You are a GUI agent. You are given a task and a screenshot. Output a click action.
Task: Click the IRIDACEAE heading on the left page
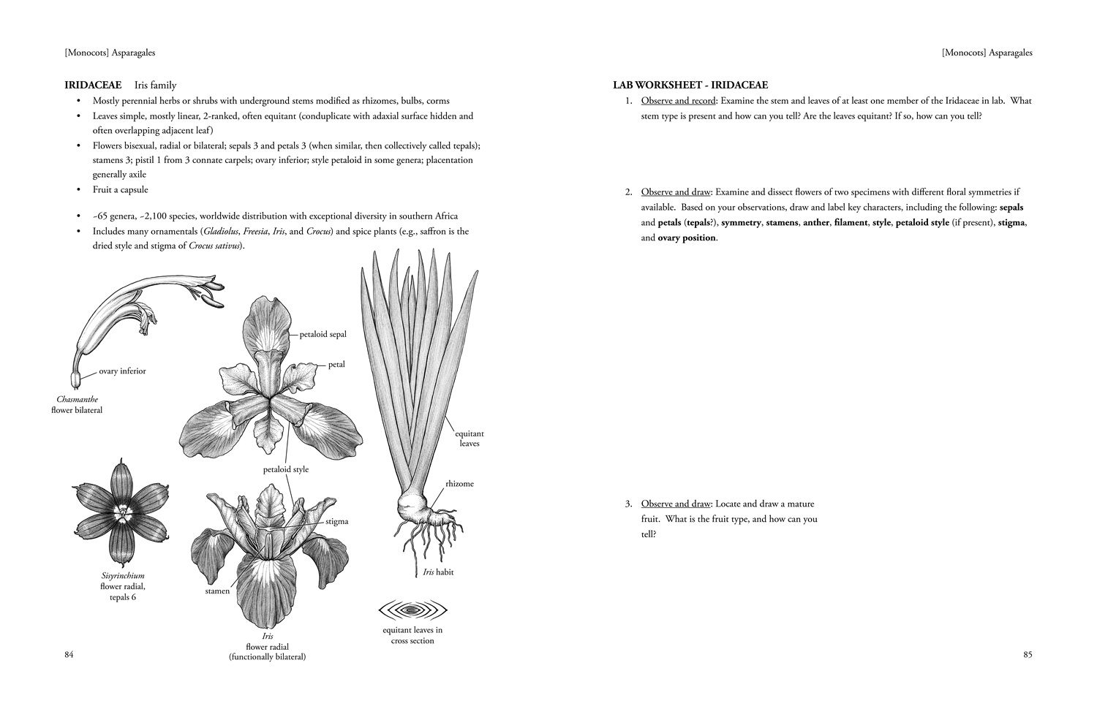(x=93, y=86)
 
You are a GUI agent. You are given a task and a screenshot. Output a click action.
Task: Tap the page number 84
(x=69, y=654)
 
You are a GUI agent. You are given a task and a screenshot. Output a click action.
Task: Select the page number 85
(x=1028, y=654)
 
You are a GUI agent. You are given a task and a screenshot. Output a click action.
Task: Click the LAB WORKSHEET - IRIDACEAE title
(x=690, y=86)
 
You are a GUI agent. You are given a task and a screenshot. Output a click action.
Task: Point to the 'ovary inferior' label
(x=122, y=371)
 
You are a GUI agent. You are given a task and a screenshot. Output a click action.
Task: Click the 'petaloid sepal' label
(x=323, y=334)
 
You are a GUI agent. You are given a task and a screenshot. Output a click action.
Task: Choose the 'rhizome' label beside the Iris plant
(x=459, y=484)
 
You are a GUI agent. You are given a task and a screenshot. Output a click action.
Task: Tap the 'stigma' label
(x=336, y=522)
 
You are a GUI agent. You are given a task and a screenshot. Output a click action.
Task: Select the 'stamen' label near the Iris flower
(x=217, y=591)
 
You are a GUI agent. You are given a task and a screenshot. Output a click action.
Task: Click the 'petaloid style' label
(x=286, y=469)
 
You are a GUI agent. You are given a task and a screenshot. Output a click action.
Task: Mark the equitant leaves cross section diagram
(x=412, y=610)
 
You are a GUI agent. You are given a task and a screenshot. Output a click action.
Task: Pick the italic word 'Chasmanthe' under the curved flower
(x=77, y=399)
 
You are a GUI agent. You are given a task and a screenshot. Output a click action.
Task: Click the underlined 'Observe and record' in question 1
(x=678, y=101)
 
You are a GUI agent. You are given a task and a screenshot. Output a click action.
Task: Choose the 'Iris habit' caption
(x=438, y=572)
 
